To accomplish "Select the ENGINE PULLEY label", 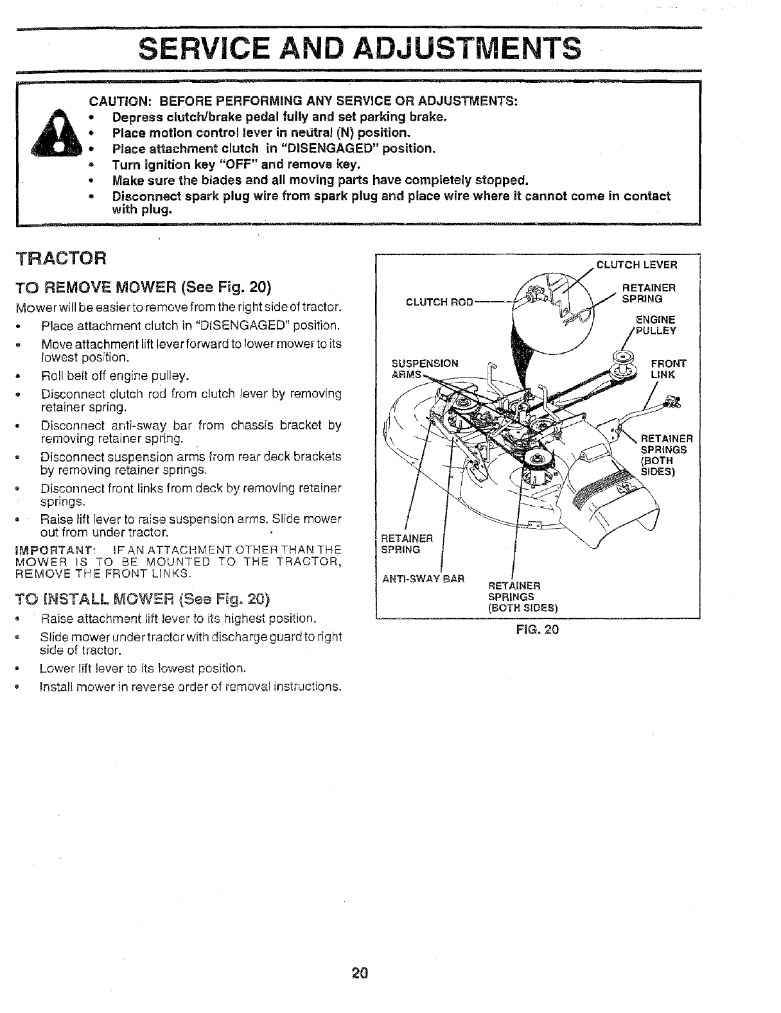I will [655, 325].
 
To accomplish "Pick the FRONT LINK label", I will [669, 369].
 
